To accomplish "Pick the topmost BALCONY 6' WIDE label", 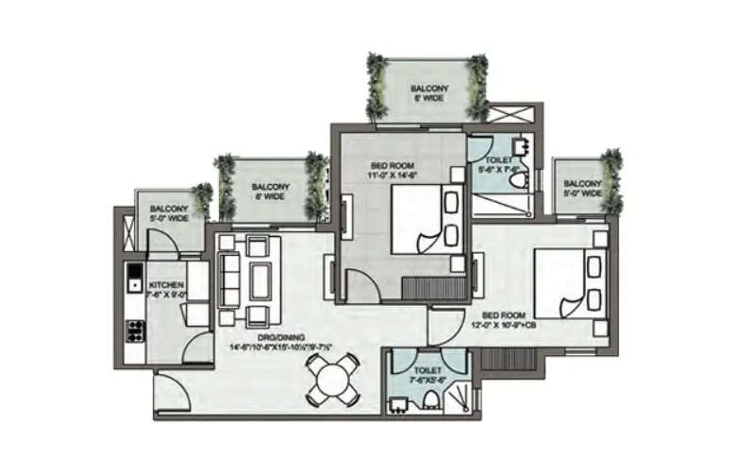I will point(428,93).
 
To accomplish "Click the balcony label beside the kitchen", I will point(169,213).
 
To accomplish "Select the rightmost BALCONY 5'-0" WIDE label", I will point(582,189).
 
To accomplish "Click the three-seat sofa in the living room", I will point(228,277).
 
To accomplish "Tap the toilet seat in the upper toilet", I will point(517,178).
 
